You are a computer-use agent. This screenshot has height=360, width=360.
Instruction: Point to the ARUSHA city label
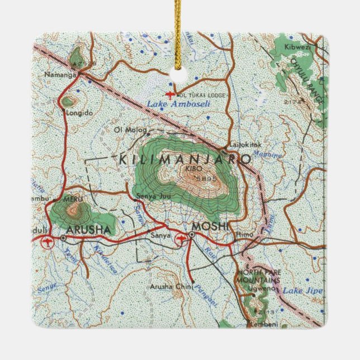coord(89,230)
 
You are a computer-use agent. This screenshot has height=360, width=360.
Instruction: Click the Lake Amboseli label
coord(173,104)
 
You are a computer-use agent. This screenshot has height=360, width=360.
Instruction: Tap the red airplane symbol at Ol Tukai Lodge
coord(170,95)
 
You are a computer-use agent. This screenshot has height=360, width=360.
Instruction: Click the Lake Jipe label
coord(296,291)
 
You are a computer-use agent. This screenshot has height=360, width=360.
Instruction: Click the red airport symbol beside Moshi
coord(181,240)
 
